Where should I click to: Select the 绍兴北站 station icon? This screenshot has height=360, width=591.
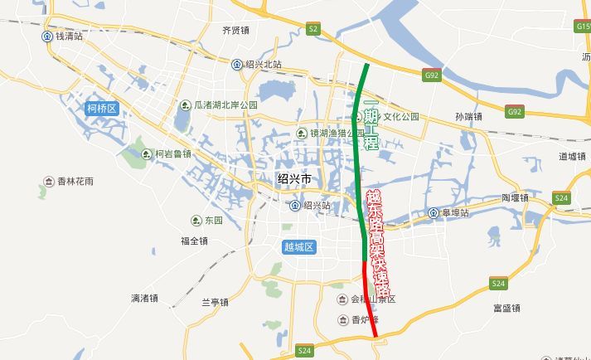[x=237, y=65]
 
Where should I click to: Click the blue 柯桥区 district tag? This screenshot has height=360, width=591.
[x=103, y=109]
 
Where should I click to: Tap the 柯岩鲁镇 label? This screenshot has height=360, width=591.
[x=173, y=153]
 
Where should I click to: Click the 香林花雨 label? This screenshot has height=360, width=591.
[x=75, y=181]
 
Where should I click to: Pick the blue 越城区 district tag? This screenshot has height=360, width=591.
[x=298, y=246]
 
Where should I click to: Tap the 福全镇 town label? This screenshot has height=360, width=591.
[x=194, y=241]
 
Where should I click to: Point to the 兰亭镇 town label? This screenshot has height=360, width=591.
[x=214, y=302]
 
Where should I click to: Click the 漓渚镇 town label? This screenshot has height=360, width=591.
[x=144, y=298]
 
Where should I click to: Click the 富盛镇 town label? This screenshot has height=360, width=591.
[x=506, y=309]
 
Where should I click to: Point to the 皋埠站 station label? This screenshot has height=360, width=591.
[x=454, y=213]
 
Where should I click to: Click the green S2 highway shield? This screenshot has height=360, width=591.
[x=312, y=29]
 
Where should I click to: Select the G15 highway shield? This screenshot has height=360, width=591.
[x=583, y=27]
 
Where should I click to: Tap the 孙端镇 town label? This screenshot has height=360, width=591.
[x=469, y=118]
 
